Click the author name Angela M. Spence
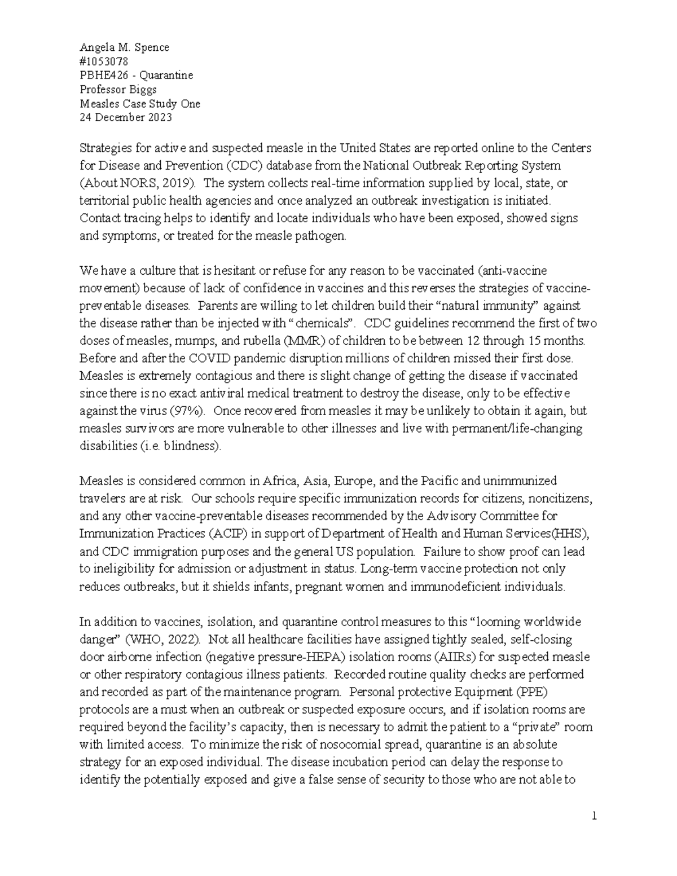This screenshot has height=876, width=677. click(124, 47)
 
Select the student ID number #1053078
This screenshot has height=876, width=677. click(104, 61)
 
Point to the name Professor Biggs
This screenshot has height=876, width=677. click(118, 90)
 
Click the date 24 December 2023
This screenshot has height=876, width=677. click(126, 118)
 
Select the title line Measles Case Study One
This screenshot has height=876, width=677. click(140, 104)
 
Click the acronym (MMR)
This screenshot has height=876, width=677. click(304, 341)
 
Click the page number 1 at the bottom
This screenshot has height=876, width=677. click(594, 816)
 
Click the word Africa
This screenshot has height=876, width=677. click(281, 481)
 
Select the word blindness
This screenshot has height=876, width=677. click(190, 446)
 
